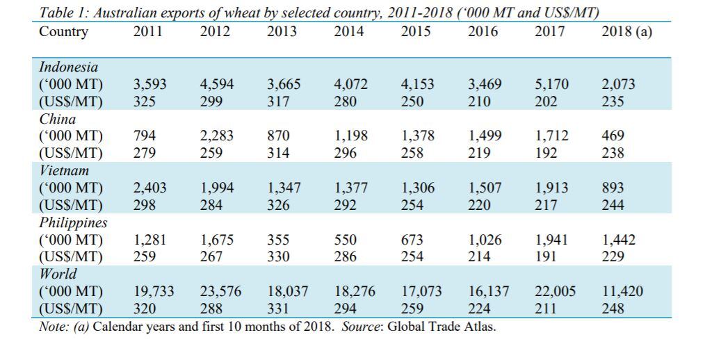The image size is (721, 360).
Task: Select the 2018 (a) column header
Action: [626, 32]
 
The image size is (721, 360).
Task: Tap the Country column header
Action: [64, 32]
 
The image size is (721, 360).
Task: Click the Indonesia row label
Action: [68, 67]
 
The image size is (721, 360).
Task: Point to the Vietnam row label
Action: [64, 170]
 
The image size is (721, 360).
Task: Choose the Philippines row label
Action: [73, 222]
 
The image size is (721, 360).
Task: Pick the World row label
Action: [58, 274]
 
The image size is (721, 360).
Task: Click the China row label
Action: [57, 119]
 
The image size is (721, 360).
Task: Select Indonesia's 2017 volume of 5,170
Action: [551, 85]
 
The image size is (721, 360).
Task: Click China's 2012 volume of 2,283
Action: [217, 136]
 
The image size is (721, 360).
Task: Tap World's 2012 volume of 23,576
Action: [220, 292]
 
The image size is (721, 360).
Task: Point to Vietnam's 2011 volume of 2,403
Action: [149, 188]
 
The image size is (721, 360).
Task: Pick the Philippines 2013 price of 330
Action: [278, 256]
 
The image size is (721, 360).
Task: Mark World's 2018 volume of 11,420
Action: [622, 292]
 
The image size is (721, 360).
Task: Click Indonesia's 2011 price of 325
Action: [144, 101]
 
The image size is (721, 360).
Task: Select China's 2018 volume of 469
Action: [613, 136]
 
